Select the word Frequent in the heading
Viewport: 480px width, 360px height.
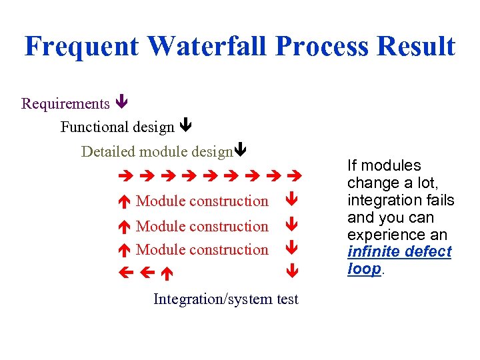pyautogui.click(x=82, y=46)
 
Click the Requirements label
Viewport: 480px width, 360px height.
pyautogui.click(x=65, y=103)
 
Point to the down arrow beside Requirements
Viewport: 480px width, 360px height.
pyautogui.click(x=121, y=103)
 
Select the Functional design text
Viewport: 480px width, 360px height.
pyautogui.click(x=117, y=127)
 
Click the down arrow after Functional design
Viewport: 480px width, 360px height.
pyautogui.click(x=186, y=125)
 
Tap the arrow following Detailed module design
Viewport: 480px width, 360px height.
pyautogui.click(x=241, y=150)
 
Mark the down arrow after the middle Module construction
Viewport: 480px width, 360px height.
pyautogui.click(x=291, y=226)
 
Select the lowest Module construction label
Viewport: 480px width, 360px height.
pyautogui.click(x=202, y=250)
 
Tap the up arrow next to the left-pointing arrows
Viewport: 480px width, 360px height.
pyautogui.click(x=167, y=273)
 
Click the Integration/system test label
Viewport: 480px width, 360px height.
pyautogui.click(x=226, y=299)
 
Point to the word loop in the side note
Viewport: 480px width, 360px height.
pyautogui.click(x=364, y=269)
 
